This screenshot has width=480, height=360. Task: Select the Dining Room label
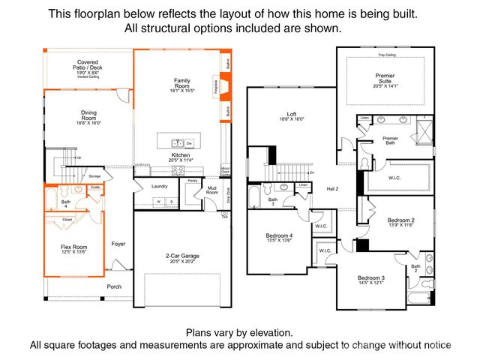[x=88, y=116]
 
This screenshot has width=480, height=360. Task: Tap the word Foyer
[x=118, y=244]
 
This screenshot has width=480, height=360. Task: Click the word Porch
[x=114, y=286]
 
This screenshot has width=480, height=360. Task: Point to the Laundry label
[x=159, y=186]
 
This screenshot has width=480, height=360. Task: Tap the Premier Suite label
[x=385, y=79]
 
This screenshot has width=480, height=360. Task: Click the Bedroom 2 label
[x=401, y=220]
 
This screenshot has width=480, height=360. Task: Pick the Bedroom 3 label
[x=371, y=279]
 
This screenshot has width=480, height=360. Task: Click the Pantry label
[x=192, y=181]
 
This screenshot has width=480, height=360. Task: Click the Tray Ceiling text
[x=385, y=55]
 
